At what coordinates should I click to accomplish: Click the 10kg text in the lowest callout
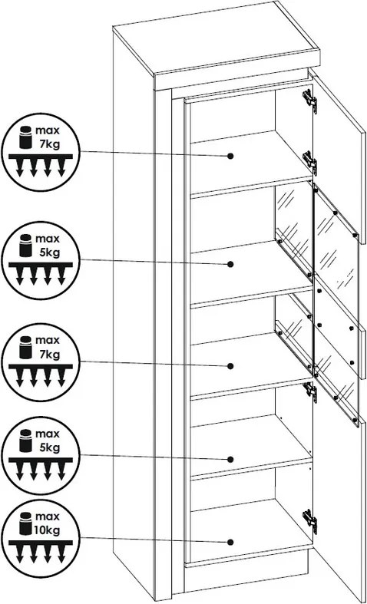click(48, 530)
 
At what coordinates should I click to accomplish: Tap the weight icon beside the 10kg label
click(25, 524)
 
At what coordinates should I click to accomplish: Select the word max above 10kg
click(48, 516)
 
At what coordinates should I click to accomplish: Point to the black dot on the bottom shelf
click(230, 542)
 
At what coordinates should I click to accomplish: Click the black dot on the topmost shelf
click(230, 156)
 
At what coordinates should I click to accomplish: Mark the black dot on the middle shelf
click(230, 366)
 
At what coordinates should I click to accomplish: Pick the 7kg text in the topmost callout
click(49, 144)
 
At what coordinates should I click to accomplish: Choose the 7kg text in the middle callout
click(49, 355)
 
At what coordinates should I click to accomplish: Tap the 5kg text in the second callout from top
click(49, 253)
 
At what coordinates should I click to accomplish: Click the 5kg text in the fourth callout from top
click(49, 448)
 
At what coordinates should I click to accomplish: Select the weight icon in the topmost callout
click(25, 137)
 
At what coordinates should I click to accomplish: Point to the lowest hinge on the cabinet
click(310, 521)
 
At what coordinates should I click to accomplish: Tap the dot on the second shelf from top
click(230, 264)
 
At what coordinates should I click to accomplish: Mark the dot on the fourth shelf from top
click(230, 459)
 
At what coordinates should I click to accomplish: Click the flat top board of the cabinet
click(217, 38)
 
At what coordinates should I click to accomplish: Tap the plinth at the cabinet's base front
click(246, 578)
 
